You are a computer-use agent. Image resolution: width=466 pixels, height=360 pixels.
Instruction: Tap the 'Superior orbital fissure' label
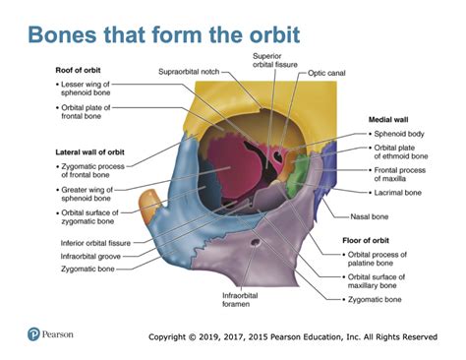[278, 61]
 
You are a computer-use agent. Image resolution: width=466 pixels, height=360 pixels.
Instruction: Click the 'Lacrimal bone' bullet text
[397, 193]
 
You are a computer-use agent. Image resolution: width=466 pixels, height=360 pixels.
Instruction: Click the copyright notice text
[292, 337]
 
